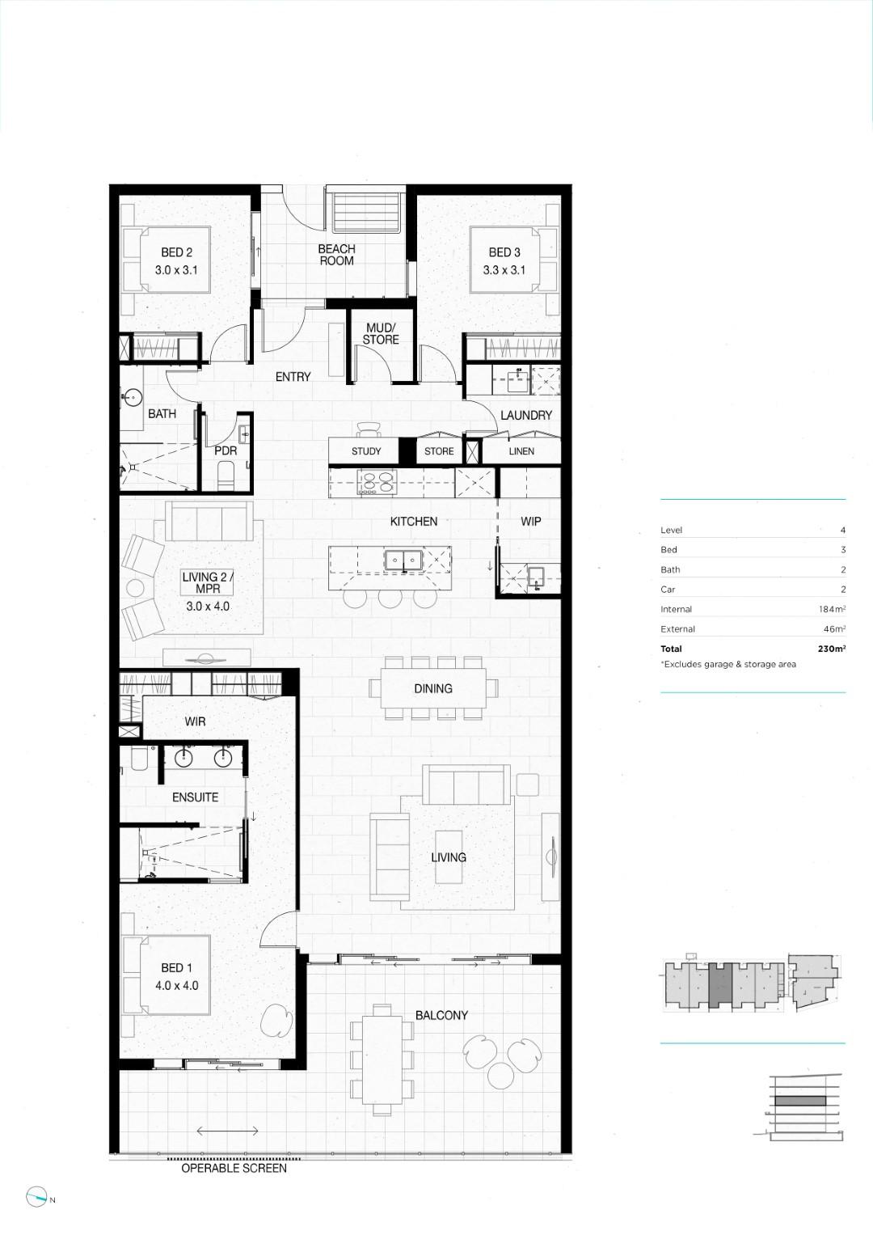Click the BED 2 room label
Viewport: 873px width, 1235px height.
coord(176,252)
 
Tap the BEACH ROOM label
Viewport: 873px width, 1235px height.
coord(337,255)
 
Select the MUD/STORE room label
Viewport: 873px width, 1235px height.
coord(381,333)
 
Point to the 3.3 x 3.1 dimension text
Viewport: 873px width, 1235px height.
coord(504,270)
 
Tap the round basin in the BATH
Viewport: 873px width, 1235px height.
coord(133,396)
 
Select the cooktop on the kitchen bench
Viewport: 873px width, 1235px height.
coord(377,480)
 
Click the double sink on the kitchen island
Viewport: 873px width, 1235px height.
coord(404,560)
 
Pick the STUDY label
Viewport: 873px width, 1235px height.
coord(366,451)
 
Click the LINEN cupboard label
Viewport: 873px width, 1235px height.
coord(521,451)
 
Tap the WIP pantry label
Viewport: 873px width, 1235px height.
coord(531,521)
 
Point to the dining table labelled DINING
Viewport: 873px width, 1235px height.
coord(433,688)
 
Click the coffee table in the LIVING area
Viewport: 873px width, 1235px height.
coord(449,856)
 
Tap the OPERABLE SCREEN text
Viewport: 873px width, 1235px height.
coord(234,1169)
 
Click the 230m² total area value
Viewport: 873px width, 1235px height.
coord(832,649)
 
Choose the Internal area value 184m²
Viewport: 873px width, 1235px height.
coord(833,609)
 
